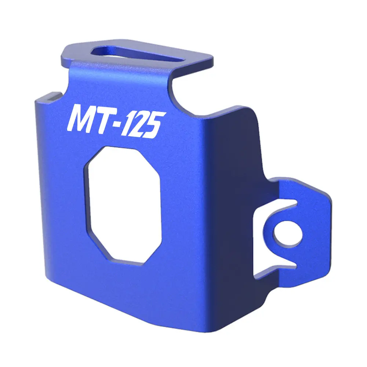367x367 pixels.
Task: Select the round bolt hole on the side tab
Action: click(x=287, y=234)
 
